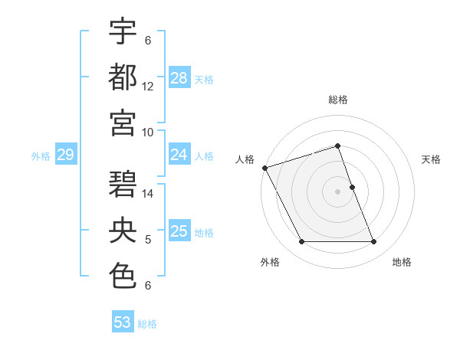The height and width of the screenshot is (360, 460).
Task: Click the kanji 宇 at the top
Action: pyautogui.click(x=123, y=31)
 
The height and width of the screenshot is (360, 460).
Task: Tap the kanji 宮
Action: pyautogui.click(x=123, y=123)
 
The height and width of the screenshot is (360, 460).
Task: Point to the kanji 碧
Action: pyautogui.click(x=123, y=185)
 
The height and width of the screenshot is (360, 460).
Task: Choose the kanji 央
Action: pyautogui.click(x=123, y=231)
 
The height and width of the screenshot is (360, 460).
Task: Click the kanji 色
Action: pyautogui.click(x=123, y=276)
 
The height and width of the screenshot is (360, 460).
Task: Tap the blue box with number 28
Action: pyautogui.click(x=179, y=78)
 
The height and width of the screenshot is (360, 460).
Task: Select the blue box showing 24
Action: pyautogui.click(x=179, y=155)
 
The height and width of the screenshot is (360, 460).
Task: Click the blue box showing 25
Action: pyautogui.click(x=179, y=231)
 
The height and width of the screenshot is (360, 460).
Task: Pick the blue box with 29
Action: pyautogui.click(x=65, y=155)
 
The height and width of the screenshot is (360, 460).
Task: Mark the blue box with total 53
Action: pyautogui.click(x=123, y=322)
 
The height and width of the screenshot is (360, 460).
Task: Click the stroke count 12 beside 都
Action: pyautogui.click(x=148, y=87)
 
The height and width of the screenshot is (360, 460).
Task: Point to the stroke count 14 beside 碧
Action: pyautogui.click(x=148, y=194)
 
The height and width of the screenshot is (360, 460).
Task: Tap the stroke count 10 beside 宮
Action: pyautogui.click(x=148, y=132)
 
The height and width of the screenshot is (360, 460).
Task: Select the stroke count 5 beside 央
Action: pyautogui.click(x=148, y=240)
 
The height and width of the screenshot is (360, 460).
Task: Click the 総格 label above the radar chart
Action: pyautogui.click(x=338, y=100)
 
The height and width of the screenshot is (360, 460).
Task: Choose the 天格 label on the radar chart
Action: pyautogui.click(x=432, y=159)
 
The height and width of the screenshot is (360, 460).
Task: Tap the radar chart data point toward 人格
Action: pyautogui.click(x=265, y=167)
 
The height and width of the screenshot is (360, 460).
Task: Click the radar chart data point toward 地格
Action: pyautogui.click(x=373, y=242)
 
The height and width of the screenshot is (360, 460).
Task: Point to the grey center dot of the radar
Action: pyautogui.click(x=338, y=191)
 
